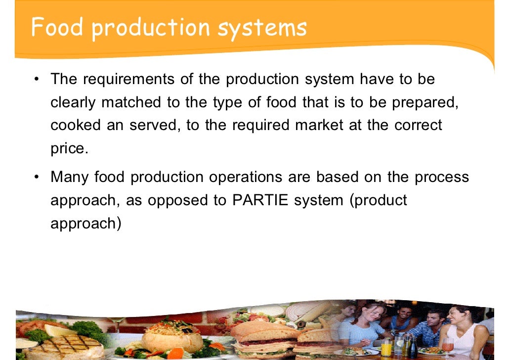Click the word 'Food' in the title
click(55, 28)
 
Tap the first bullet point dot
click(38, 80)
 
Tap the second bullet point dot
click(38, 177)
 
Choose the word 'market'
click(318, 125)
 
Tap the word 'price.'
click(69, 148)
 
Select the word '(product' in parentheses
click(379, 200)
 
